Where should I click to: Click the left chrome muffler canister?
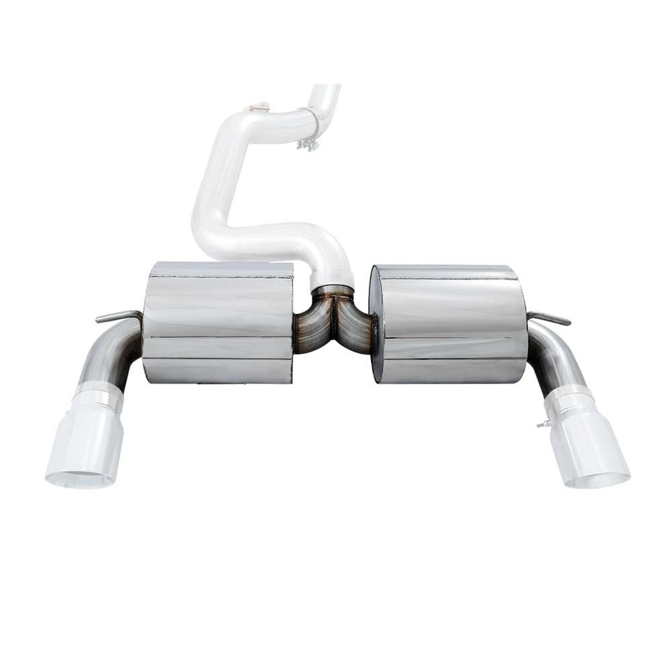click(x=218, y=323)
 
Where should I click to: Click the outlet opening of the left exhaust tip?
click(x=79, y=479)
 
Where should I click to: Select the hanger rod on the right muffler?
click(x=550, y=318)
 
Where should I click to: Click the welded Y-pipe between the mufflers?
click(x=334, y=321)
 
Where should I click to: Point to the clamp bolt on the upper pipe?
click(x=308, y=144)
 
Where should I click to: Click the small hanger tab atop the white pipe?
click(x=259, y=107)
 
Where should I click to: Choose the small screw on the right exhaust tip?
click(x=542, y=424)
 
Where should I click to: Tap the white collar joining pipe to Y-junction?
click(x=331, y=279)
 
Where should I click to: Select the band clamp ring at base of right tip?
click(x=569, y=399)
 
